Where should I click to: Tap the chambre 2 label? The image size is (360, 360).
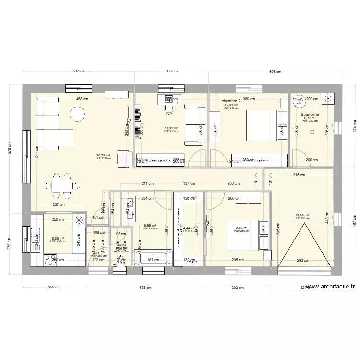(231, 101)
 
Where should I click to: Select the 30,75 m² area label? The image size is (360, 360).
(103, 156)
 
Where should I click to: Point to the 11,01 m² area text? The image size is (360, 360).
(171, 128)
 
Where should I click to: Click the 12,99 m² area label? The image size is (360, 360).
(301, 216)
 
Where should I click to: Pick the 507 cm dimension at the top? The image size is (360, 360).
(79, 71)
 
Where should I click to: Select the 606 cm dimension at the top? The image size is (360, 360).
(275, 71)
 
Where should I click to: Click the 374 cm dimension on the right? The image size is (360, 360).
(355, 129)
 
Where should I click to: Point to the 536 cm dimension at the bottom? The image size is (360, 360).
(145, 288)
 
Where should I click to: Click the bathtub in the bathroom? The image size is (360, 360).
(152, 260)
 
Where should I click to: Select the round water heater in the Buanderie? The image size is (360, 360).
(299, 100)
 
